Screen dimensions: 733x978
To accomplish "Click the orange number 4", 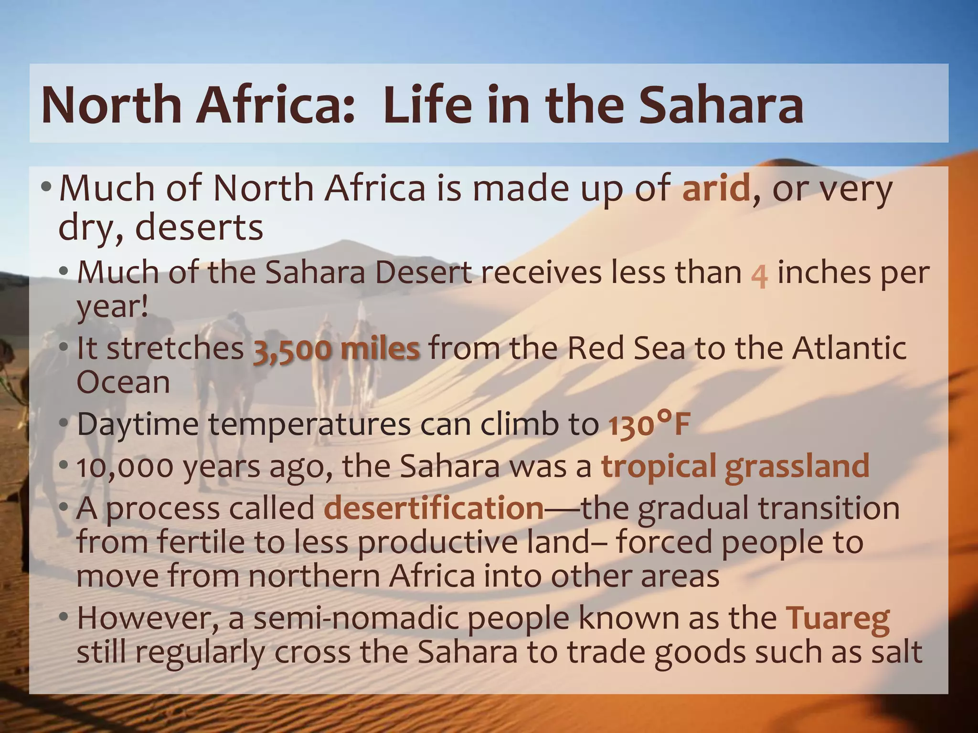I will (759, 276).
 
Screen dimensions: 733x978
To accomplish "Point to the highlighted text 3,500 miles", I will (336, 349).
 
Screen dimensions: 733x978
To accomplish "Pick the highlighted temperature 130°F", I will (649, 424).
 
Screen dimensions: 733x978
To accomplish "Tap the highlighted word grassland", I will (797, 466).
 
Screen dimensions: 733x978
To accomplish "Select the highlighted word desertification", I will (434, 508).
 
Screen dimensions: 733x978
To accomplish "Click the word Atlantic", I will (849, 348).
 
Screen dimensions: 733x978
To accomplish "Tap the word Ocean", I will (123, 382).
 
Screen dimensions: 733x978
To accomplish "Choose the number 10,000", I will (125, 467).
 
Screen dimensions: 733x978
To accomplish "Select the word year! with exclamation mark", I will (113, 307).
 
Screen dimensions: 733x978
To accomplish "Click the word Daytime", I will (138, 424).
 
